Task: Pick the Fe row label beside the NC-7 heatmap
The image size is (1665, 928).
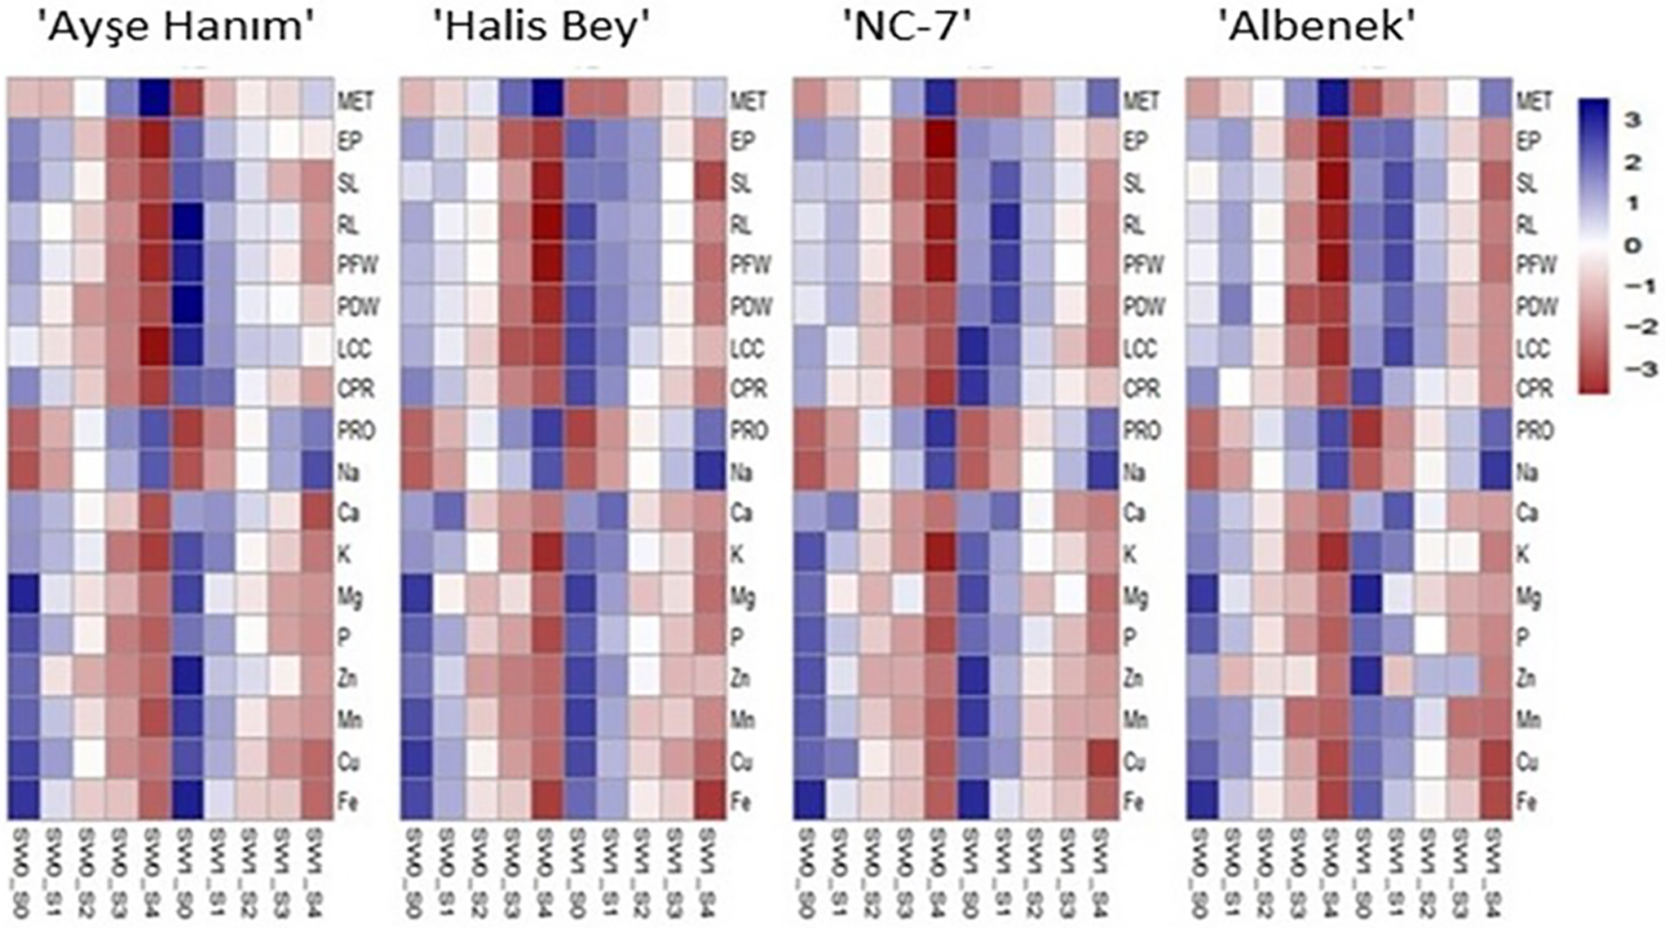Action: tap(1133, 803)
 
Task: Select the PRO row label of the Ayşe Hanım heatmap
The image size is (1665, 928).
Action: tap(356, 430)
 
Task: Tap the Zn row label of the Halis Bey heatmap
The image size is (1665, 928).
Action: tap(740, 678)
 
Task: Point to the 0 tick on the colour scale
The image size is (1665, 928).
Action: tap(1632, 245)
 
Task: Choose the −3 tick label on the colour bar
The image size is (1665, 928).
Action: tap(1632, 369)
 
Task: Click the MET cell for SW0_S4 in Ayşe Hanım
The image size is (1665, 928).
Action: tap(155, 99)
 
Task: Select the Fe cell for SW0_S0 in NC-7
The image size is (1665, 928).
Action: tap(810, 800)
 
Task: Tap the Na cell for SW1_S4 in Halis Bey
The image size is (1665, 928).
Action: tap(709, 471)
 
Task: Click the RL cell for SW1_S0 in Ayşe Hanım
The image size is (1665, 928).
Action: tap(188, 223)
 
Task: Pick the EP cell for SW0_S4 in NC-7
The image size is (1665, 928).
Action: tap(940, 140)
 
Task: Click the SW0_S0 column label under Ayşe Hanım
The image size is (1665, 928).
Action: tap(24, 872)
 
